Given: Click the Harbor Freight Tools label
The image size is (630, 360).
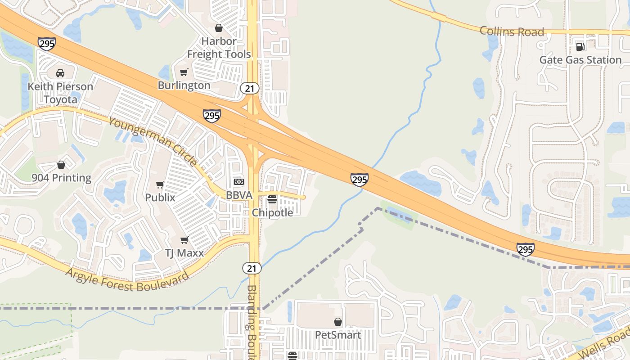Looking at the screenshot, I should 219,48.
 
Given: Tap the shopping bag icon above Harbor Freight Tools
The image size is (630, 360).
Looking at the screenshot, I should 219,28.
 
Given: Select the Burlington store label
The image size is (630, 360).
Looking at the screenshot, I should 184,85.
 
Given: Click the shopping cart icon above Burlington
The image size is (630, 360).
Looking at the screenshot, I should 184,72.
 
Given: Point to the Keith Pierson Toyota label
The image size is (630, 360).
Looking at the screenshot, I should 60,92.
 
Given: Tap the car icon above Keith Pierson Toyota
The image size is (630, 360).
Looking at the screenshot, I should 60,73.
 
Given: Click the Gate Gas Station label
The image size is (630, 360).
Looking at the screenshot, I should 580,60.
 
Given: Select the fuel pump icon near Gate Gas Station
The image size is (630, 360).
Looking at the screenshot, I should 580,46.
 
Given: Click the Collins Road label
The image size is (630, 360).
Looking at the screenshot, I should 512,31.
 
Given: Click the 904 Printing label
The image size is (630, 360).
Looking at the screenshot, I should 61,178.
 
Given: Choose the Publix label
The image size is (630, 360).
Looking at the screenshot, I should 160,197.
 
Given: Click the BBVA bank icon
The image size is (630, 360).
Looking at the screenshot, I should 239,182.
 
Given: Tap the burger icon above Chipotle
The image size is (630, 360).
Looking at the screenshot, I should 272,199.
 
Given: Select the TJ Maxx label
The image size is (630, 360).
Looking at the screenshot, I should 184,253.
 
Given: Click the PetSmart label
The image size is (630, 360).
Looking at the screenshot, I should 337,335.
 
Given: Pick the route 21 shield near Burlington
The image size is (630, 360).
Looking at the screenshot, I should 250,88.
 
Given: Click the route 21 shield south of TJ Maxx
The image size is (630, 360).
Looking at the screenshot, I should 252,268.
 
